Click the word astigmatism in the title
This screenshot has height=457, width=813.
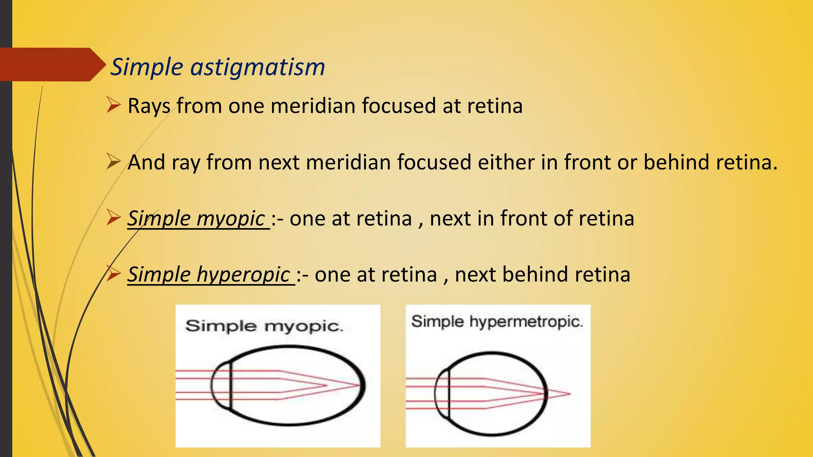[x=258, y=67]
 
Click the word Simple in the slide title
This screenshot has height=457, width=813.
[x=146, y=67]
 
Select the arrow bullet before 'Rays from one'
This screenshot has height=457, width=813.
[x=114, y=106]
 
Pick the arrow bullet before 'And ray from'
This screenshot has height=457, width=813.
[x=114, y=162]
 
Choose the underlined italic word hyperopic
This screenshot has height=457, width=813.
[x=243, y=275]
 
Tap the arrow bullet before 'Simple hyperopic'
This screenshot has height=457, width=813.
[x=114, y=274]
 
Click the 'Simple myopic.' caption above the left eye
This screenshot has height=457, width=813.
[x=264, y=326]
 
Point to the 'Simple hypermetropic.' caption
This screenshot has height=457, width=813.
[x=497, y=321]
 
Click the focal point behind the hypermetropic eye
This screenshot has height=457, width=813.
[x=570, y=394]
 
